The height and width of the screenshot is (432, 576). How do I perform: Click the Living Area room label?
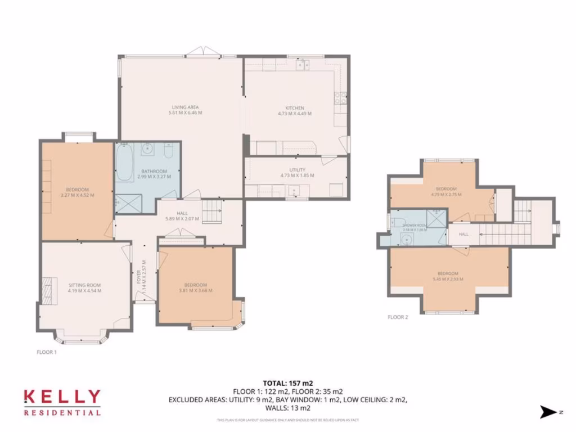(x=185, y=107)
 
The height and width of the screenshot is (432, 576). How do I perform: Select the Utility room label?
(x=297, y=170)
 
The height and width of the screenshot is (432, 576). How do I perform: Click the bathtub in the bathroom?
(x=125, y=161)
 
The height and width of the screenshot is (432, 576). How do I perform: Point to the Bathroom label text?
(x=154, y=171)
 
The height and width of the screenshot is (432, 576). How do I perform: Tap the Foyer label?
(x=138, y=278)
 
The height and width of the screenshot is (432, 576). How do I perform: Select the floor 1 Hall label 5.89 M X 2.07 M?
(x=182, y=216)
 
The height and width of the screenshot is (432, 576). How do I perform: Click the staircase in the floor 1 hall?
(x=213, y=212)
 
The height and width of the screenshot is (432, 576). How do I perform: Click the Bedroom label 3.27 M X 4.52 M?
(x=77, y=192)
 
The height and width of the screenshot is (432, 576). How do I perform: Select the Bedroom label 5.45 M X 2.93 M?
(x=448, y=276)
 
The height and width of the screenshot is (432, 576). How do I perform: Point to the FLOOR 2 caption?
(x=398, y=317)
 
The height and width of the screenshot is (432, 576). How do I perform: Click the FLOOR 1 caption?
(x=46, y=352)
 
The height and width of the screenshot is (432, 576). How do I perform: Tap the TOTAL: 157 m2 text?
(x=287, y=383)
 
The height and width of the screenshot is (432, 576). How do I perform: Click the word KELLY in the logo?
(x=62, y=397)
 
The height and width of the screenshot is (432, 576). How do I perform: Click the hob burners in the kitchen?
(x=339, y=98)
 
